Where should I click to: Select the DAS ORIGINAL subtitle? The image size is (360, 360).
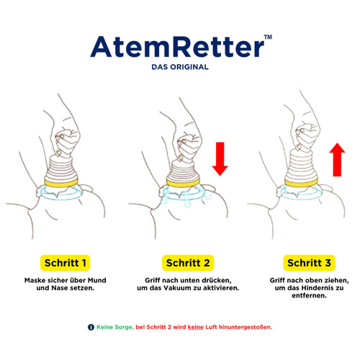180,68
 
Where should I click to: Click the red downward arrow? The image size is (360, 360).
220,160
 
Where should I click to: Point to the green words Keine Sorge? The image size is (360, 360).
114,328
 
